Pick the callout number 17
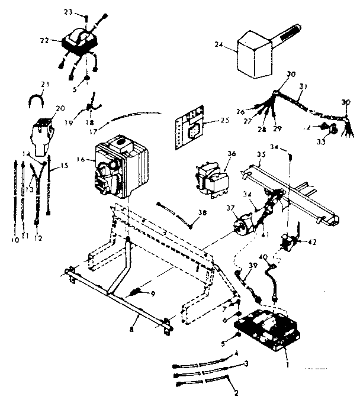[104, 125]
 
